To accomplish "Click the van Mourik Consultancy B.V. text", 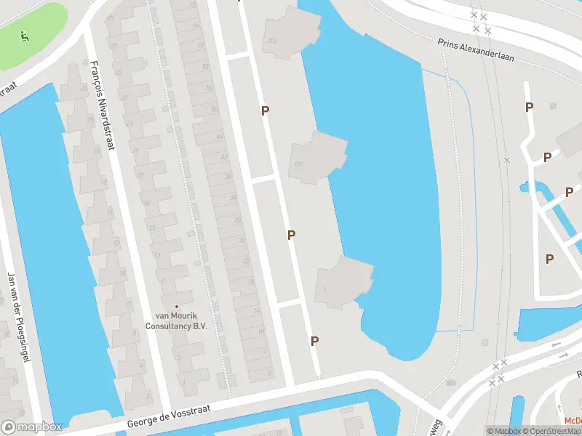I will click(x=181, y=321).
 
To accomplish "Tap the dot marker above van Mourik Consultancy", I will click(x=176, y=307).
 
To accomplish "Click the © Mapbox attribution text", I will click(x=503, y=431).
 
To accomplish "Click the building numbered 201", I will click(x=272, y=40).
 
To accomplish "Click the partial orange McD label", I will click(x=573, y=421).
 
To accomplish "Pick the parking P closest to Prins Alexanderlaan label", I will click(x=529, y=107).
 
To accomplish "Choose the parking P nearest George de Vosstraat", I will click(x=314, y=341).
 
